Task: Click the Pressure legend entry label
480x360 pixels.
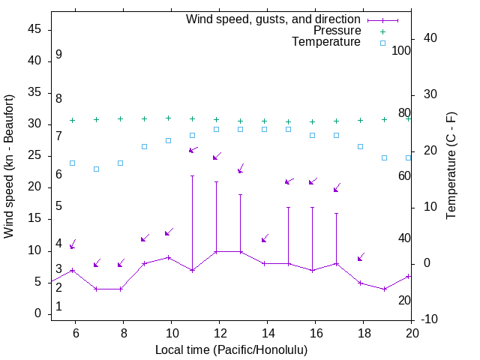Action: pyautogui.click(x=337, y=31)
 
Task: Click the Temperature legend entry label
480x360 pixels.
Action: pyautogui.click(x=326, y=42)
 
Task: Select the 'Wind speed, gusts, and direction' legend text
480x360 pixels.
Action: pyautogui.click(x=274, y=19)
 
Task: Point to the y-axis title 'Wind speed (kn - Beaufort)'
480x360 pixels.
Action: pyautogui.click(x=9, y=166)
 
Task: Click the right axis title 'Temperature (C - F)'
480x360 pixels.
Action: pyautogui.click(x=451, y=166)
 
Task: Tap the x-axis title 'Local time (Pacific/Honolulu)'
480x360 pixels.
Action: pyautogui.click(x=231, y=349)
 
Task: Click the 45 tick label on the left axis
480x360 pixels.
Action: pyautogui.click(x=35, y=29)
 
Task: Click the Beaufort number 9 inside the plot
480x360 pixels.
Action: pyautogui.click(x=58, y=55)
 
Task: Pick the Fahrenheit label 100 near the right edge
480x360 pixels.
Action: pyautogui.click(x=402, y=50)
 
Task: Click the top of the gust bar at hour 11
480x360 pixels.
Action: pyautogui.click(x=192, y=176)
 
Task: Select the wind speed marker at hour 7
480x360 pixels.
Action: pyautogui.click(x=96, y=289)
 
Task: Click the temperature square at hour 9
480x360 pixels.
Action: pyautogui.click(x=144, y=146)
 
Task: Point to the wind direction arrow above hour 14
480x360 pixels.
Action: pyautogui.click(x=265, y=238)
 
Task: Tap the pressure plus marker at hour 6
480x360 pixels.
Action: pyautogui.click(x=72, y=120)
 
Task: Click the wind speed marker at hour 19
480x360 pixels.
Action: pyautogui.click(x=384, y=289)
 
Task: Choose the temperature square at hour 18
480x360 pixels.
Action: pyautogui.click(x=360, y=146)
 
